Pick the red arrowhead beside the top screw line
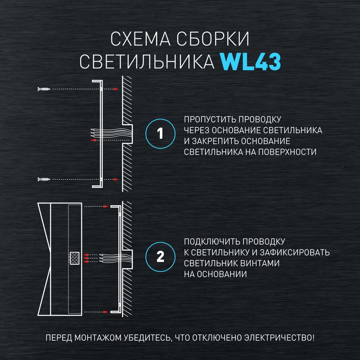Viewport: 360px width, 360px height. (x=116, y=90)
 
